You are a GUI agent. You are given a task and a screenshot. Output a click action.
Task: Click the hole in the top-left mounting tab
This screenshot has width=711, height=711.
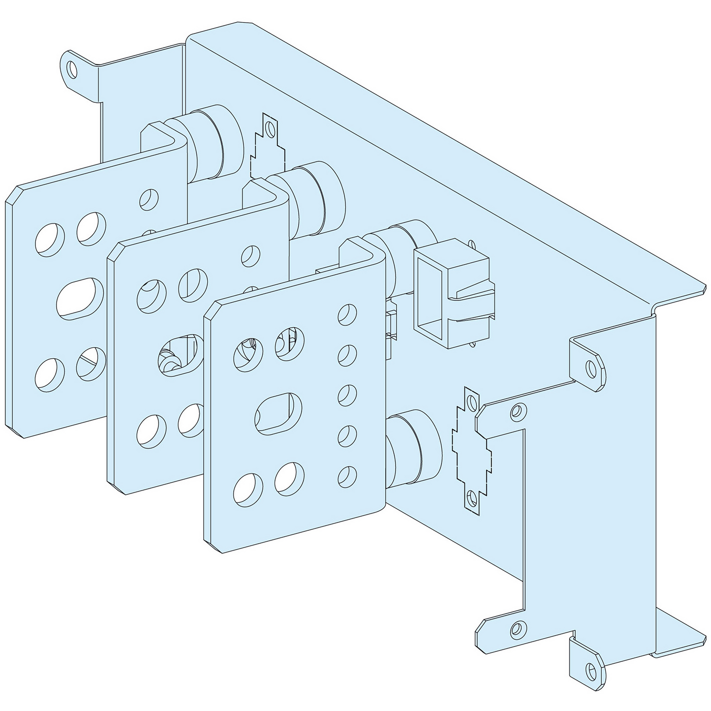coord(73,70)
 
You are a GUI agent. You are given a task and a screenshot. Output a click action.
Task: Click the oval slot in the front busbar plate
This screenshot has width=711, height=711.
coord(278,413)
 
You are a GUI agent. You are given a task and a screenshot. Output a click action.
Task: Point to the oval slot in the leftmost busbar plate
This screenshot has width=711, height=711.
coord(80,296)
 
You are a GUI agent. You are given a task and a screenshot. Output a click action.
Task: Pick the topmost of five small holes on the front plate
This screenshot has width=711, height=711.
coord(348,313)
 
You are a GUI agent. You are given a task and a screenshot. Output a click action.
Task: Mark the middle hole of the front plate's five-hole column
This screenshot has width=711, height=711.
coord(348,394)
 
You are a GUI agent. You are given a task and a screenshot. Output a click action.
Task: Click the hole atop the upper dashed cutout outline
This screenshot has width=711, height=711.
coord(269,129)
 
